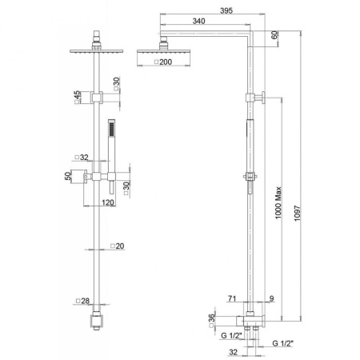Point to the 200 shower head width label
pyautogui.click(x=163, y=62)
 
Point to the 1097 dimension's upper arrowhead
pyautogui.click(x=300, y=34)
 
